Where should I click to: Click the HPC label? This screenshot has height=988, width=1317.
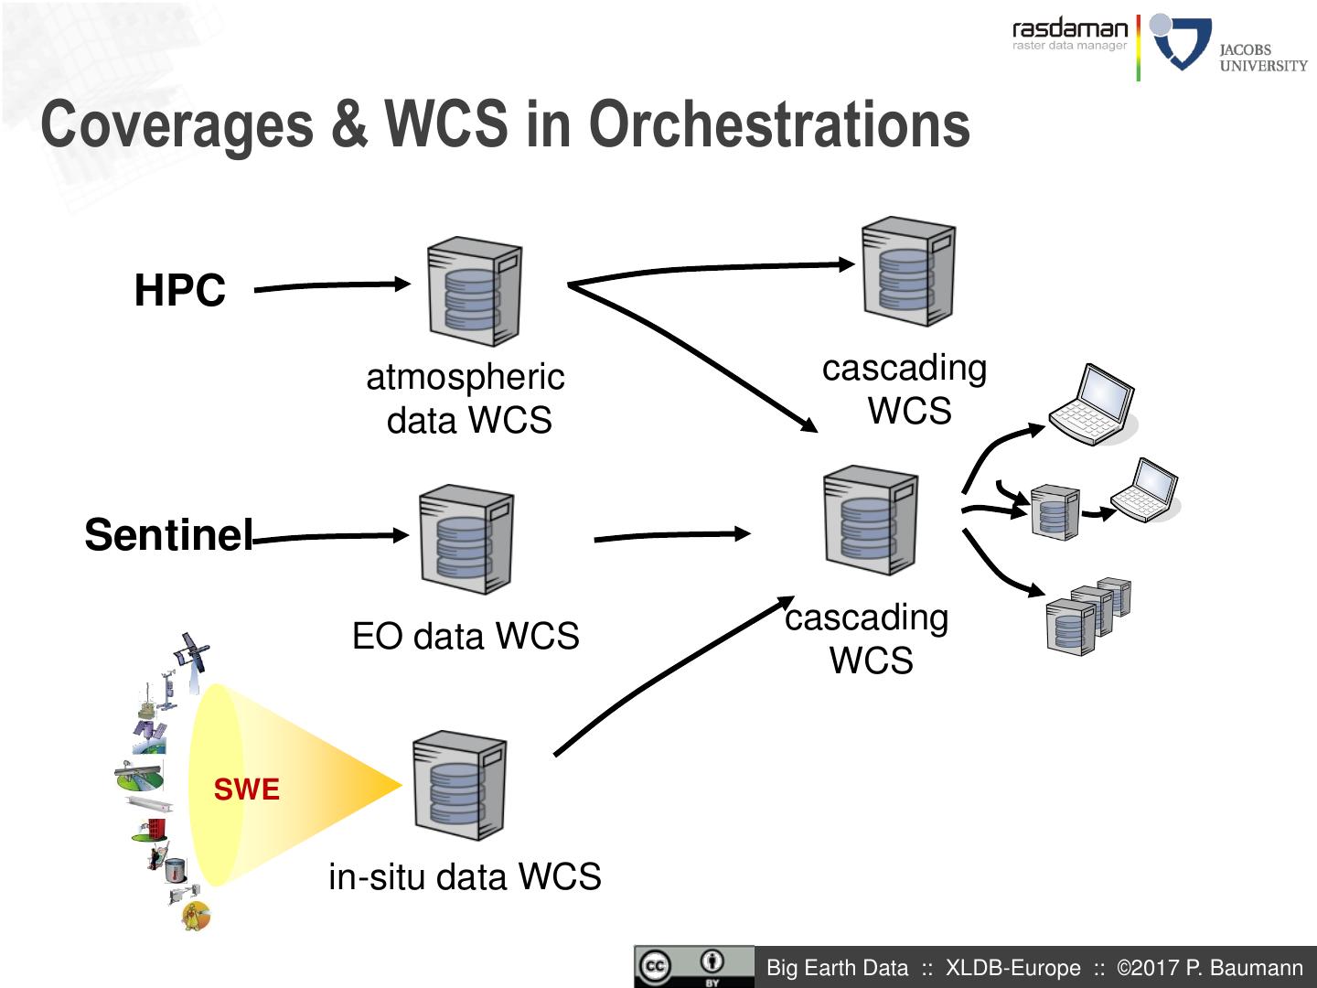point(179,291)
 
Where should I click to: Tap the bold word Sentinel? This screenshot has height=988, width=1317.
point(168,534)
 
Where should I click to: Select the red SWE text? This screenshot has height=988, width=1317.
point(246,789)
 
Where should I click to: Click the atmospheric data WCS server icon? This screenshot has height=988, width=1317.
point(475,292)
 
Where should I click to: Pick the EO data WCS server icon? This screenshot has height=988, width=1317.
point(466,539)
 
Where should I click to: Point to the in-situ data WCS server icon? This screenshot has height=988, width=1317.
point(459,785)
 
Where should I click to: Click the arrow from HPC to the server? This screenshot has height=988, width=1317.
point(333,285)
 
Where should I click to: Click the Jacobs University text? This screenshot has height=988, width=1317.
point(1262,58)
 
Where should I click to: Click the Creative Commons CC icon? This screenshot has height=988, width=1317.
point(655,967)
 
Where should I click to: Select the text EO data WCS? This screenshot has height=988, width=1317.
point(466,636)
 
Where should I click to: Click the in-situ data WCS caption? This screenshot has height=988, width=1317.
point(465,876)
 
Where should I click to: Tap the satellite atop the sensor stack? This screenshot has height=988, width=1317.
point(193,652)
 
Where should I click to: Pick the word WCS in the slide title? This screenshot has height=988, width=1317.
point(445,124)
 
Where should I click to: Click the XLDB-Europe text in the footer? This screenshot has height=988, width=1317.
point(1012,968)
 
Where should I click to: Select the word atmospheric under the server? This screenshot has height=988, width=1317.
point(466,377)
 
